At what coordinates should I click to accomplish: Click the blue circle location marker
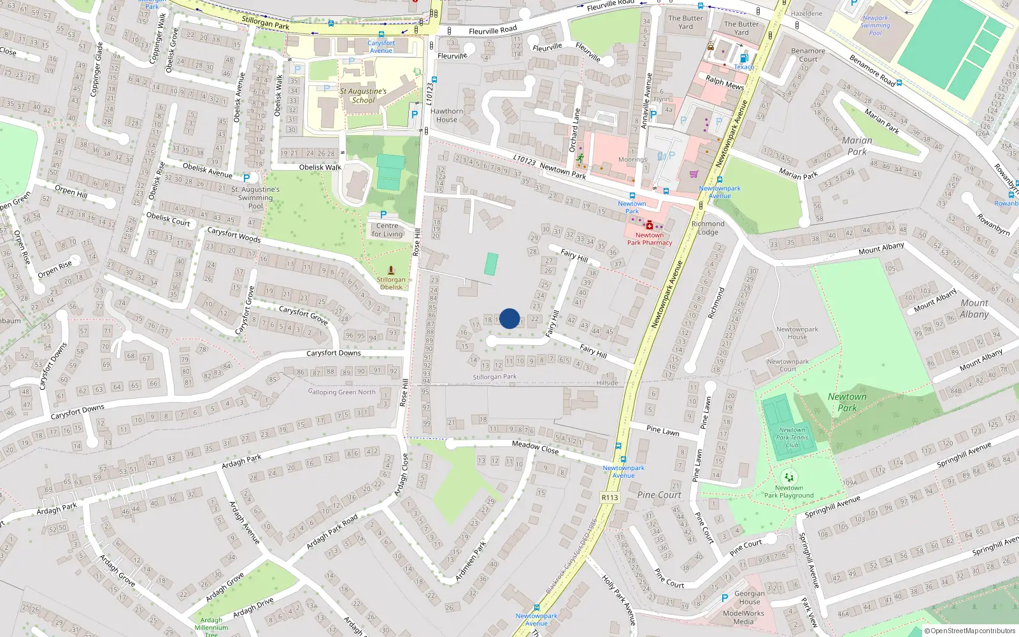coord(509,318)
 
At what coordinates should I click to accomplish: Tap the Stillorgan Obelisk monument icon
coord(391,270)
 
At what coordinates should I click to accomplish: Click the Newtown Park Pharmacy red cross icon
coord(649,225)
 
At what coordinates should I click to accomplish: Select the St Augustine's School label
coord(363,96)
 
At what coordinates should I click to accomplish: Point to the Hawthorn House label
coord(446,115)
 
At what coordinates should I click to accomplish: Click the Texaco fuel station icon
coord(744,59)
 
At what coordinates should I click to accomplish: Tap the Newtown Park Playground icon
coord(789,477)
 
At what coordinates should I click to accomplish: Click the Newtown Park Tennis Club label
coord(792,438)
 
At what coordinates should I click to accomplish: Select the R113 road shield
coord(609,497)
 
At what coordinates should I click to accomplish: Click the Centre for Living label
coord(387,230)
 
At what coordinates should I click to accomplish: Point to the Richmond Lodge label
coord(708,228)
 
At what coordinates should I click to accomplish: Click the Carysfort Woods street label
coord(234,234)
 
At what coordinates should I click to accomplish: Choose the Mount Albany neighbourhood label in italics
coord(974,308)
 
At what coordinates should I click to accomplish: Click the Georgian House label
coord(750,598)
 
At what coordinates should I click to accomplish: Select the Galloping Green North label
coord(342,392)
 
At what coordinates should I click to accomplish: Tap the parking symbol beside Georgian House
coord(724,598)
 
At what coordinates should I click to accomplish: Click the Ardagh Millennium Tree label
coord(211,627)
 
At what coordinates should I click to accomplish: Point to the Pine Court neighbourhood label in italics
coord(659,495)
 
